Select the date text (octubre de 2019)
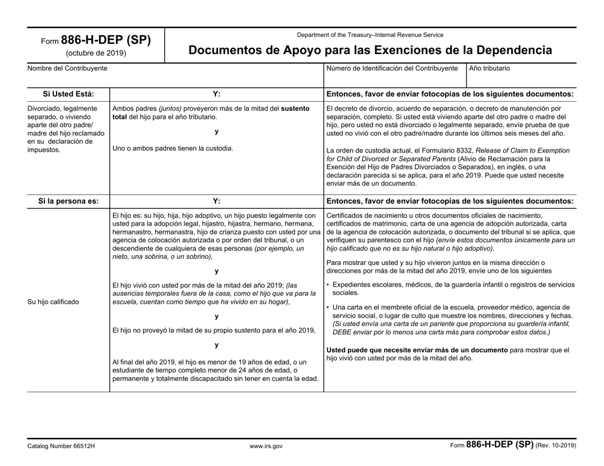pyautogui.click(x=97, y=53)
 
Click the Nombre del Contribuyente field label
pyautogui.click(x=67, y=68)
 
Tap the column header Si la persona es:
pyautogui.click(x=68, y=201)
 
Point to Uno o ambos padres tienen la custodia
pyautogui.click(x=172, y=149)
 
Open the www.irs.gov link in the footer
pyautogui.click(x=266, y=446)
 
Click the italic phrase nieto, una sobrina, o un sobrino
pyautogui.click(x=161, y=256)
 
